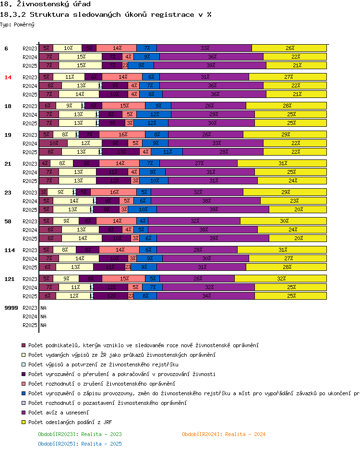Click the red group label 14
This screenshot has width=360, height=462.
tap(8, 77)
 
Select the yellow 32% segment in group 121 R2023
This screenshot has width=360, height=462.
tap(280, 279)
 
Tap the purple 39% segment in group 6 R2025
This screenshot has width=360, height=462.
tap(211, 65)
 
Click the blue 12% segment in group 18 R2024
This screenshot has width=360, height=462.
tap(154, 114)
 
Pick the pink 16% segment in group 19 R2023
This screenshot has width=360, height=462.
tap(122, 134)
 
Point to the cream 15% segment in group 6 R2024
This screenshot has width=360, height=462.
tap(81, 57)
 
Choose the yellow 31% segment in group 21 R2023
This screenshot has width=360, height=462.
tap(282, 163)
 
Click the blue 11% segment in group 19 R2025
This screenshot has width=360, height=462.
tap(168, 152)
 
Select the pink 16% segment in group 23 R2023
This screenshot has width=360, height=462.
tap(114, 192)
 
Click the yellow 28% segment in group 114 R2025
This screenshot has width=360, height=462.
tap(287, 267)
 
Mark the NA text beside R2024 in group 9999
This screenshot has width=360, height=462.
tap(43, 316)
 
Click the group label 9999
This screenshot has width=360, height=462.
tap(11, 307)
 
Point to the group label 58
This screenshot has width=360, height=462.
tap(8, 221)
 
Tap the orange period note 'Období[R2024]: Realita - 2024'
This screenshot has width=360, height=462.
tap(224, 434)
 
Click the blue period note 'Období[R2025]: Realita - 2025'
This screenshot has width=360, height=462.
tap(80, 444)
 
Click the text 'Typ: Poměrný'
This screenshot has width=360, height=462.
tap(17, 24)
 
